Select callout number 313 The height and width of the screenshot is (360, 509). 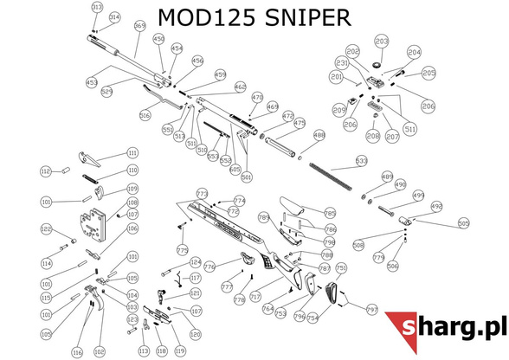[x=97, y=7]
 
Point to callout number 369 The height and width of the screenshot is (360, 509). [x=139, y=26]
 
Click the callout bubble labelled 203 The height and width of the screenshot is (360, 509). [x=381, y=41]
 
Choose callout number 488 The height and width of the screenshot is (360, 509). [x=319, y=135]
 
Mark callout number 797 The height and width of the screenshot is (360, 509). [x=373, y=309]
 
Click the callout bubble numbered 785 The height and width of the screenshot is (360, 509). [x=330, y=212]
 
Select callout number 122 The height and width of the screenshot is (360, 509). [x=47, y=229]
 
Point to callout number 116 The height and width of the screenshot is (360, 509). [x=77, y=352]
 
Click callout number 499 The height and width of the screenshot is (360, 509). [x=418, y=196]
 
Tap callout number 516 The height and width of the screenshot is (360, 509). [x=145, y=115]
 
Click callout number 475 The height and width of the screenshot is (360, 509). [x=300, y=124]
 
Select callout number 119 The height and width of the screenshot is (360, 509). [x=180, y=351]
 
